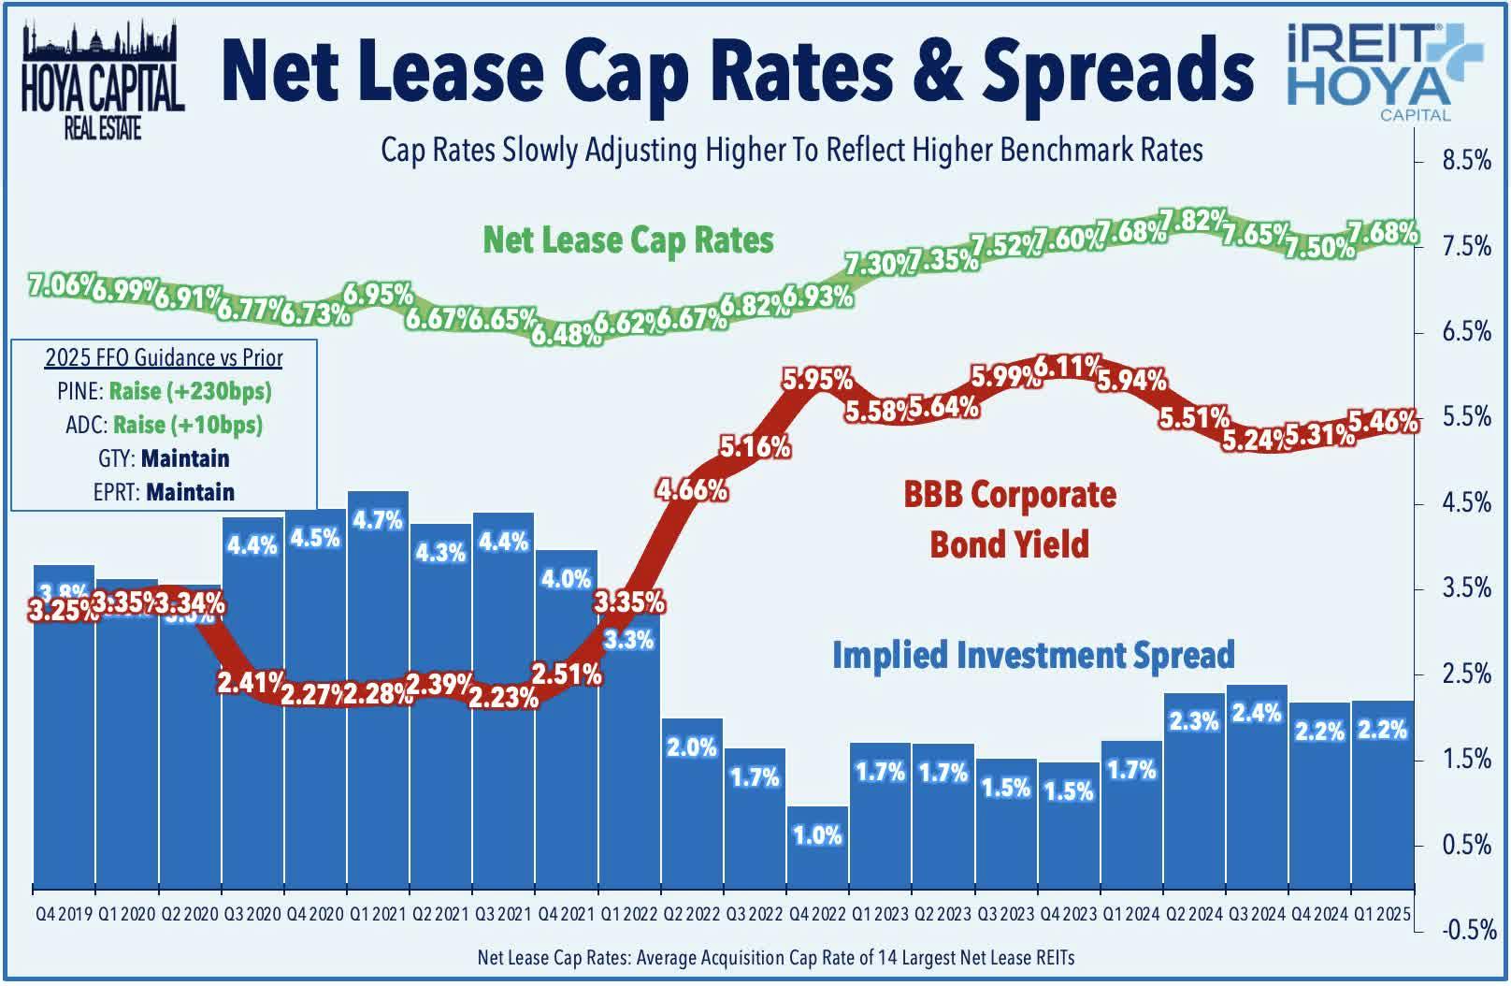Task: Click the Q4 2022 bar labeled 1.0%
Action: pyautogui.click(x=817, y=847)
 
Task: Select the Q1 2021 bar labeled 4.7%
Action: pyautogui.click(x=378, y=599)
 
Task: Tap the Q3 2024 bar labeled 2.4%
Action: pyautogui.click(x=1257, y=786)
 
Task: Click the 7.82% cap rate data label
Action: pyautogui.click(x=1194, y=220)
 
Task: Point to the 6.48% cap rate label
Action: pyautogui.click(x=566, y=332)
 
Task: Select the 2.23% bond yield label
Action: pyautogui.click(x=503, y=698)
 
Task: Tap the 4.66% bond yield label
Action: pyautogui.click(x=691, y=489)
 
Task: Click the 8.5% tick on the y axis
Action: pyautogui.click(x=1466, y=161)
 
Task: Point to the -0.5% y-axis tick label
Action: pyautogui.click(x=1466, y=930)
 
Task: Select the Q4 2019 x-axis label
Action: pyautogui.click(x=64, y=914)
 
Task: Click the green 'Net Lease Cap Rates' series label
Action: pyautogui.click(x=627, y=240)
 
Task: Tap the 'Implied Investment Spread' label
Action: pyautogui.click(x=1032, y=655)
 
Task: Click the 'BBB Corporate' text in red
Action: pyautogui.click(x=1009, y=495)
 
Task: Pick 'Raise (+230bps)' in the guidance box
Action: pyautogui.click(x=190, y=391)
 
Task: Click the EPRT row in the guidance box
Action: pyautogui.click(x=164, y=492)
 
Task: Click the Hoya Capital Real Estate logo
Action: pyautogui.click(x=102, y=80)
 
